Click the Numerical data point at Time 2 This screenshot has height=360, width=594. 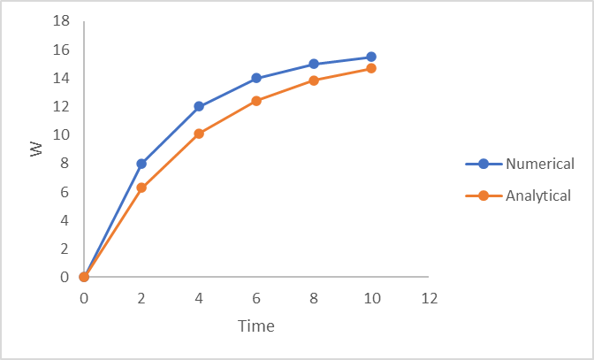point(141,164)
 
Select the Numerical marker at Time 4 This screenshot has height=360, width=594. point(199,106)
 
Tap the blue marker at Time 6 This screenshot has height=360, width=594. point(256,78)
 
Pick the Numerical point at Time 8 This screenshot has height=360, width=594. point(314,64)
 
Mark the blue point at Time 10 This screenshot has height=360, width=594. point(371,57)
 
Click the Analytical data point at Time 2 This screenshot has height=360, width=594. point(141,188)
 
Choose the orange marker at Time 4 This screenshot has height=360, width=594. point(199,134)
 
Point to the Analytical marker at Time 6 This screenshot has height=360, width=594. point(256,101)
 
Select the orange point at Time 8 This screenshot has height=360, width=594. point(314,80)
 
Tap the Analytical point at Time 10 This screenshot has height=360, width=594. point(371,68)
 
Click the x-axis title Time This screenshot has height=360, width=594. point(256,326)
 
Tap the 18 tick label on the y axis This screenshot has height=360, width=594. point(61,21)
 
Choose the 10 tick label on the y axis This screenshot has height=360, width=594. point(61,135)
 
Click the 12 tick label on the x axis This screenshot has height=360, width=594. point(429,298)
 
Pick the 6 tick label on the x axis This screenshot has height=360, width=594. point(256,298)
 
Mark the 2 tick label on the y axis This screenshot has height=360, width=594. point(65,249)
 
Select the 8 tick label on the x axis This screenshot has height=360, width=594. point(314,298)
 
